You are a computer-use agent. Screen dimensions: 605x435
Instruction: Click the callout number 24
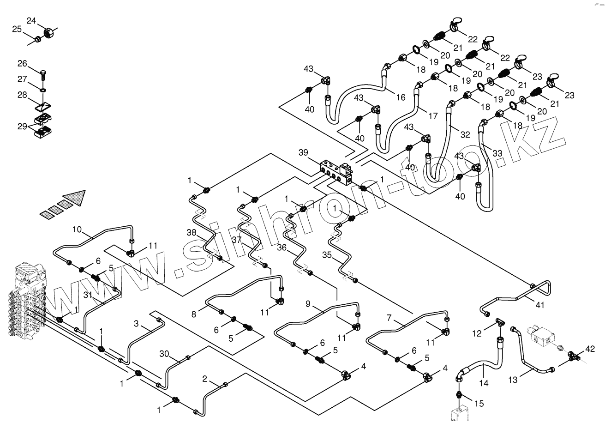[31, 21]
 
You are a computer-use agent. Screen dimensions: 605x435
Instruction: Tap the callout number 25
[17, 29]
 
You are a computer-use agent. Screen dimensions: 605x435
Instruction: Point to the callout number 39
[303, 153]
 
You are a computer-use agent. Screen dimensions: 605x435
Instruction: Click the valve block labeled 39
[336, 173]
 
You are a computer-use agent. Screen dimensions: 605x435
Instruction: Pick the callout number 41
[540, 305]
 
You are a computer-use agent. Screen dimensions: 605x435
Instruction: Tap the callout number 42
[590, 349]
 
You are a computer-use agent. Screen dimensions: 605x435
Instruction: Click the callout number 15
[479, 404]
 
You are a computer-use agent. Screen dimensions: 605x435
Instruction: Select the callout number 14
[484, 383]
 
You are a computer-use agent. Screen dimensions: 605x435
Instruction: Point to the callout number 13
[513, 380]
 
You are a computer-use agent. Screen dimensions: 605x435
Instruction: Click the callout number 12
[477, 334]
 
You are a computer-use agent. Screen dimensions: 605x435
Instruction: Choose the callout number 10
[77, 230]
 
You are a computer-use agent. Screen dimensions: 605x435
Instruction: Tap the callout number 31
[88, 296]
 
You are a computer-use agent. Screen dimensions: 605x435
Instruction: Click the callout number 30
[164, 354]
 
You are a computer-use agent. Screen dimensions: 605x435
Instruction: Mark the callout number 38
[192, 233]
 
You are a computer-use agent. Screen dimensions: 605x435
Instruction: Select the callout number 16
[401, 97]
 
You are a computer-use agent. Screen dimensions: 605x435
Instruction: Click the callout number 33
[497, 153]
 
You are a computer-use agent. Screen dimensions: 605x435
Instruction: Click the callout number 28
[23, 95]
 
